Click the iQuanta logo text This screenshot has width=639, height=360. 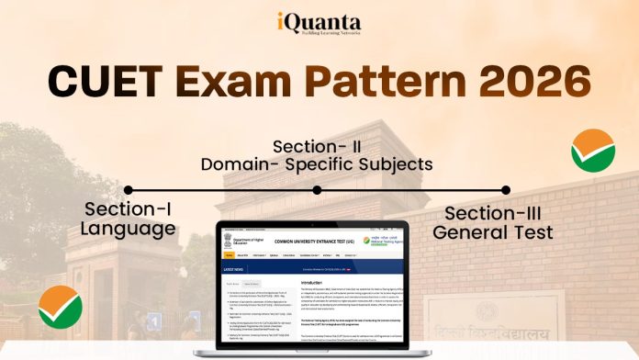coord(319,20)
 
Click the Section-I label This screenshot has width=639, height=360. coord(129,208)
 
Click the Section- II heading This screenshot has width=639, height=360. coord(317,146)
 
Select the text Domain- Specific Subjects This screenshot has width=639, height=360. coord(317,165)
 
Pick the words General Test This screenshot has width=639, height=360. coord(493,232)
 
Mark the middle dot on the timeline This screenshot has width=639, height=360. coord(317,190)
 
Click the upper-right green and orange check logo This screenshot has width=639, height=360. coord(592,150)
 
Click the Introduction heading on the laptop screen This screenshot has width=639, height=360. coord(316,283)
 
